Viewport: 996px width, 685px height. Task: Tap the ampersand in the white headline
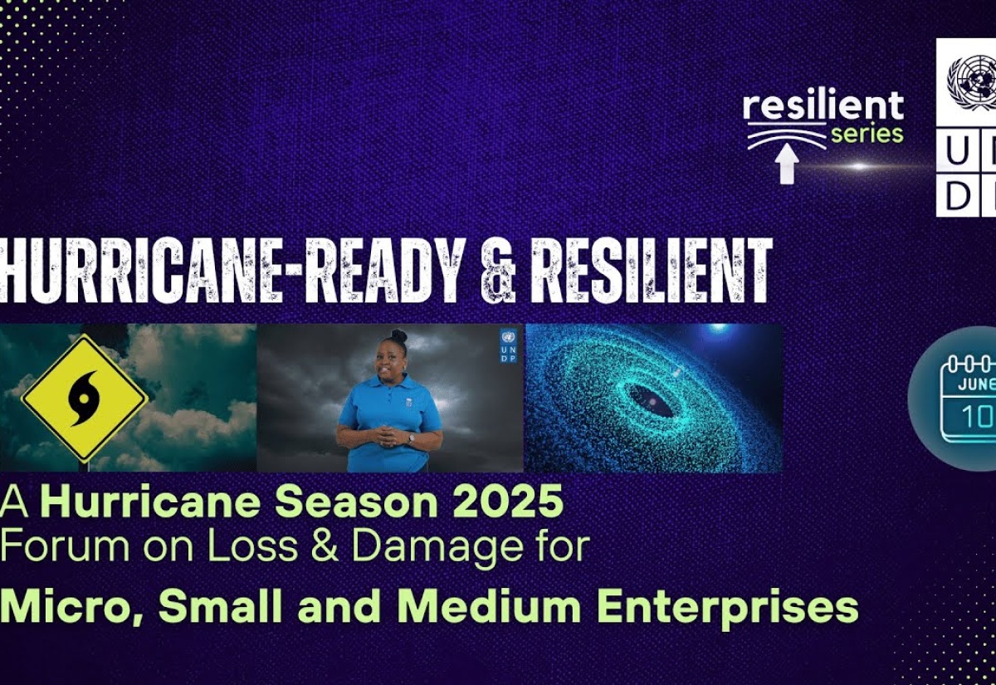pyautogui.click(x=500, y=271)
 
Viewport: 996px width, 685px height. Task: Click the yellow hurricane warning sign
pyautogui.click(x=85, y=398)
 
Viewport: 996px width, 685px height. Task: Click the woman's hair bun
pyautogui.click(x=399, y=335)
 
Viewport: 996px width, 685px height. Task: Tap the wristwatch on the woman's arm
pyautogui.click(x=411, y=438)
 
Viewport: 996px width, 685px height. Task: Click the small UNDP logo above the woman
pyautogui.click(x=509, y=345)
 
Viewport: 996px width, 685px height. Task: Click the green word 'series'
pyautogui.click(x=867, y=134)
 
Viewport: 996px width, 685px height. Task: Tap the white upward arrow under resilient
pyautogui.click(x=787, y=165)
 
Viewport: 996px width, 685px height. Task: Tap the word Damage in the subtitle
pyautogui.click(x=437, y=547)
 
